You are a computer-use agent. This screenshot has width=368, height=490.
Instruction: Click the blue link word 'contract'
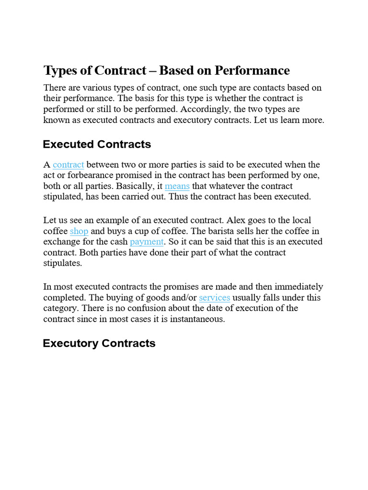(x=69, y=165)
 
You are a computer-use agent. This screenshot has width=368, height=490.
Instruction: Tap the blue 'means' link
(x=177, y=186)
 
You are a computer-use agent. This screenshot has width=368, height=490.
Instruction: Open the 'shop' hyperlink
(x=79, y=231)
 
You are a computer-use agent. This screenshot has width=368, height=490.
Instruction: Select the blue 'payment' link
(x=147, y=242)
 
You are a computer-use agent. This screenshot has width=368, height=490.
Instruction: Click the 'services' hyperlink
(x=214, y=297)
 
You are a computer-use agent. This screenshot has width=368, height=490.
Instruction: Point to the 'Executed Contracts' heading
(x=97, y=144)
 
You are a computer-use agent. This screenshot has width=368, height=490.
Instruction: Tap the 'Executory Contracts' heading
(x=99, y=343)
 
